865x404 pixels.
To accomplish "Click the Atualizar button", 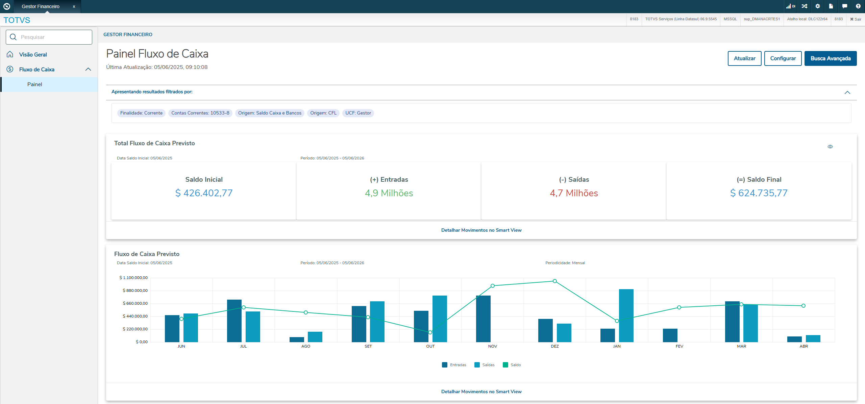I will [744, 58].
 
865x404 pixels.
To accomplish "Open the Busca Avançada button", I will [830, 58].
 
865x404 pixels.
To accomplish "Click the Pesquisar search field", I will [49, 37].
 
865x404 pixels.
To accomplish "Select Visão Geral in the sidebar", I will [33, 55].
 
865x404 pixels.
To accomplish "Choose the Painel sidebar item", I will [35, 84].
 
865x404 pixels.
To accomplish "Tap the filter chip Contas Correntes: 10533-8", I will [200, 113].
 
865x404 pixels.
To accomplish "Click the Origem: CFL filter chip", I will [323, 113].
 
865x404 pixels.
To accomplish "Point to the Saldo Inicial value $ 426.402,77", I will [204, 193].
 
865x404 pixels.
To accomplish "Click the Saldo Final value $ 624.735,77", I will [759, 193].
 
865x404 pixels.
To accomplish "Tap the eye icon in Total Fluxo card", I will [830, 147].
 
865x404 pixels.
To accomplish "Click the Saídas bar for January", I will [626, 315].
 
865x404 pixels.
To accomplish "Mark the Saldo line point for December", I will [555, 281].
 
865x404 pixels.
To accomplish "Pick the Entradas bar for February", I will [670, 335].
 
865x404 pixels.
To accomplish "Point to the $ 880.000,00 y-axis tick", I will [135, 291].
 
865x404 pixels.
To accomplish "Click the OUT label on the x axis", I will [430, 346].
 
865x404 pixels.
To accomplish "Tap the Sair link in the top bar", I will [856, 19].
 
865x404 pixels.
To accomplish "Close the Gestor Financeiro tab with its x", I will [74, 6].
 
